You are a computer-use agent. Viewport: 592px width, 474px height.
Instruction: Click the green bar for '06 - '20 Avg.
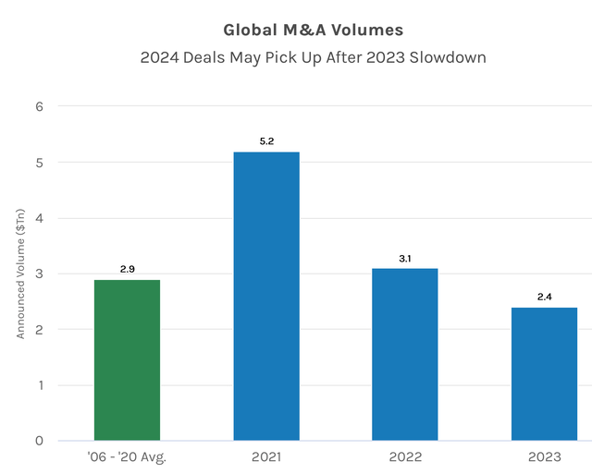(127, 360)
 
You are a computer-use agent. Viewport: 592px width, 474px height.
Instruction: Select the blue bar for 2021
(265, 296)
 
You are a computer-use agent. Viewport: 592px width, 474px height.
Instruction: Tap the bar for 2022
(404, 355)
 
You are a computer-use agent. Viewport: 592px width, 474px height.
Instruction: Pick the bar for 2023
(544, 374)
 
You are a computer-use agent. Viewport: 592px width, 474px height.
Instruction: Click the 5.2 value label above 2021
(265, 141)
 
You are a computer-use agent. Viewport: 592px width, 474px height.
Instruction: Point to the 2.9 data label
(127, 269)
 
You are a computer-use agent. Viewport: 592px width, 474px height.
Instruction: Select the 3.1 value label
(404, 259)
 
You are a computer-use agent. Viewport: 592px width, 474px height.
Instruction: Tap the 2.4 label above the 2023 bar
(544, 298)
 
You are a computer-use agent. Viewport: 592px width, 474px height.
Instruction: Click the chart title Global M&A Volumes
(301, 30)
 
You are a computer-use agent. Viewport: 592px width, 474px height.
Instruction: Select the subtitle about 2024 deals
(301, 57)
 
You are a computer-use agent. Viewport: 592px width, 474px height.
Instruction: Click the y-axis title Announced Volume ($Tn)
(19, 273)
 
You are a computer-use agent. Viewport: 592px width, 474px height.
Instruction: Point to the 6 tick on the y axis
(39, 107)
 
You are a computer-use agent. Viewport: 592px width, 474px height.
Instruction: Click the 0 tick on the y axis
(39, 441)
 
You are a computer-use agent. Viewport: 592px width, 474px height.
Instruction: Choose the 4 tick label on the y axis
(39, 218)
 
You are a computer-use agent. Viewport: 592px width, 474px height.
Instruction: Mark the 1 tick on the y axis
(39, 385)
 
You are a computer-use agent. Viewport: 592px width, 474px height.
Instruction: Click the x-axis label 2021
(265, 457)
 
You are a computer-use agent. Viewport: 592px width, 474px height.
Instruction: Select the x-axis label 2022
(404, 457)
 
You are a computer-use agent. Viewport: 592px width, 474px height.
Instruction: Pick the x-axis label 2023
(544, 457)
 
